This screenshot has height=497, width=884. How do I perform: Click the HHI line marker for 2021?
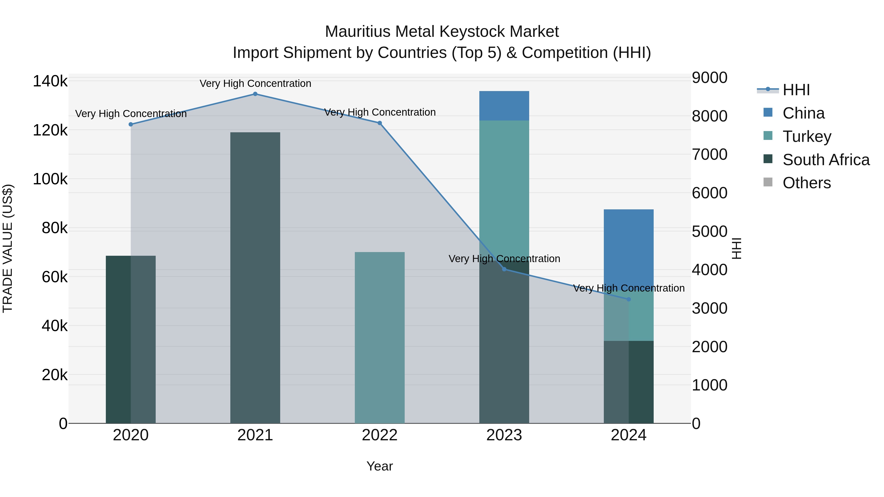[x=255, y=94]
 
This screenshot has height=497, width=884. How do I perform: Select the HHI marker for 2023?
[x=504, y=269]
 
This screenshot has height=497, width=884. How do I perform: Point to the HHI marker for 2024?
[x=629, y=299]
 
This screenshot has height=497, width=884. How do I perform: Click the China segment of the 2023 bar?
[x=504, y=106]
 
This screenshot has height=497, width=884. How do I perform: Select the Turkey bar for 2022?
[x=380, y=338]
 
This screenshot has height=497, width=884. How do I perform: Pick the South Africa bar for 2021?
[x=255, y=278]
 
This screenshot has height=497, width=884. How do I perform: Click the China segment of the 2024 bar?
[x=629, y=247]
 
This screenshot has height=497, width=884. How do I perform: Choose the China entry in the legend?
[x=803, y=113]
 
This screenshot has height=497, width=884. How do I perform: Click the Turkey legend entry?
[x=806, y=136]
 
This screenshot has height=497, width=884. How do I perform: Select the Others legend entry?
[x=806, y=183]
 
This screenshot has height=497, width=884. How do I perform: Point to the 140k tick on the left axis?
[x=50, y=82]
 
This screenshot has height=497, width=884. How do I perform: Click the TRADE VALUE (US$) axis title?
[x=8, y=248]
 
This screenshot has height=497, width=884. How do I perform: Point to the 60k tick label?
[x=55, y=277]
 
